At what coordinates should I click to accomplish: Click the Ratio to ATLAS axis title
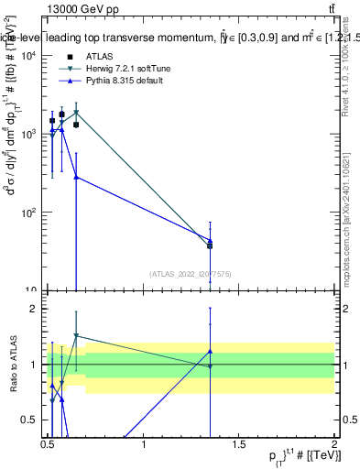(x=12, y=364)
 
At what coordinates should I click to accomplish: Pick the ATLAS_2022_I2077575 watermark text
(x=189, y=273)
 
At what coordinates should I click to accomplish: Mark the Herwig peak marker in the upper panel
(x=76, y=113)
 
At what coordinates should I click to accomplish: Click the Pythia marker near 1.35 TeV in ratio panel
(x=211, y=351)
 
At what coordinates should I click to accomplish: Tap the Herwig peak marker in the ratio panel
(x=76, y=336)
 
